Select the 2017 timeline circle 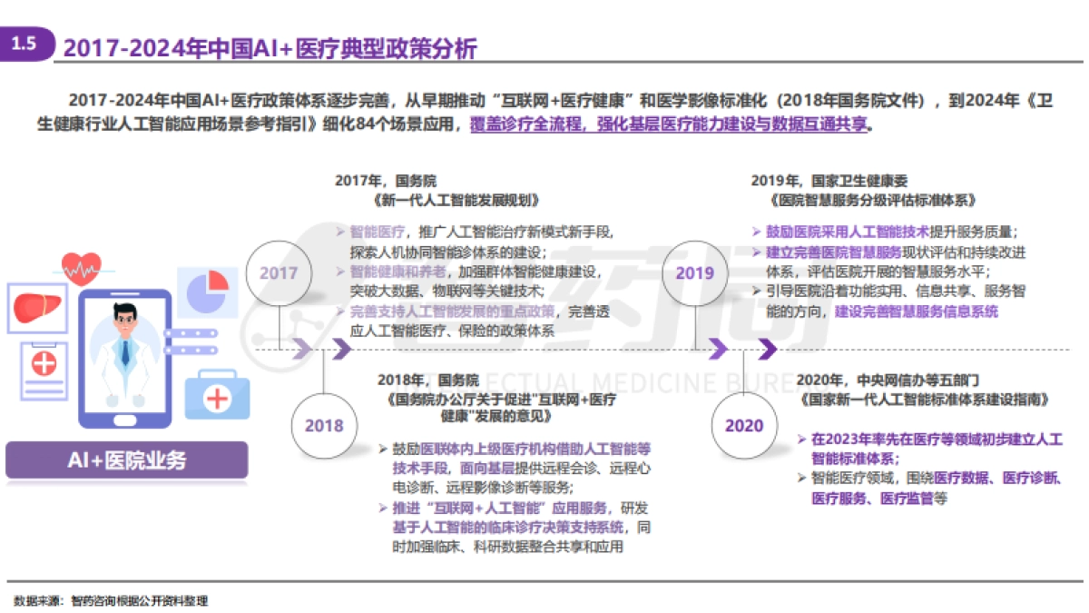click(279, 272)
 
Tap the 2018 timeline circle click(324, 425)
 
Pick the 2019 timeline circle click(695, 272)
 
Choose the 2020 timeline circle click(744, 425)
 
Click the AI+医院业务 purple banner click(127, 460)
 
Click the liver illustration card click(39, 307)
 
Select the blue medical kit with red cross click(217, 394)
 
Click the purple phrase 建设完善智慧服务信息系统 click(917, 311)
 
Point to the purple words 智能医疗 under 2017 click(376, 232)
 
